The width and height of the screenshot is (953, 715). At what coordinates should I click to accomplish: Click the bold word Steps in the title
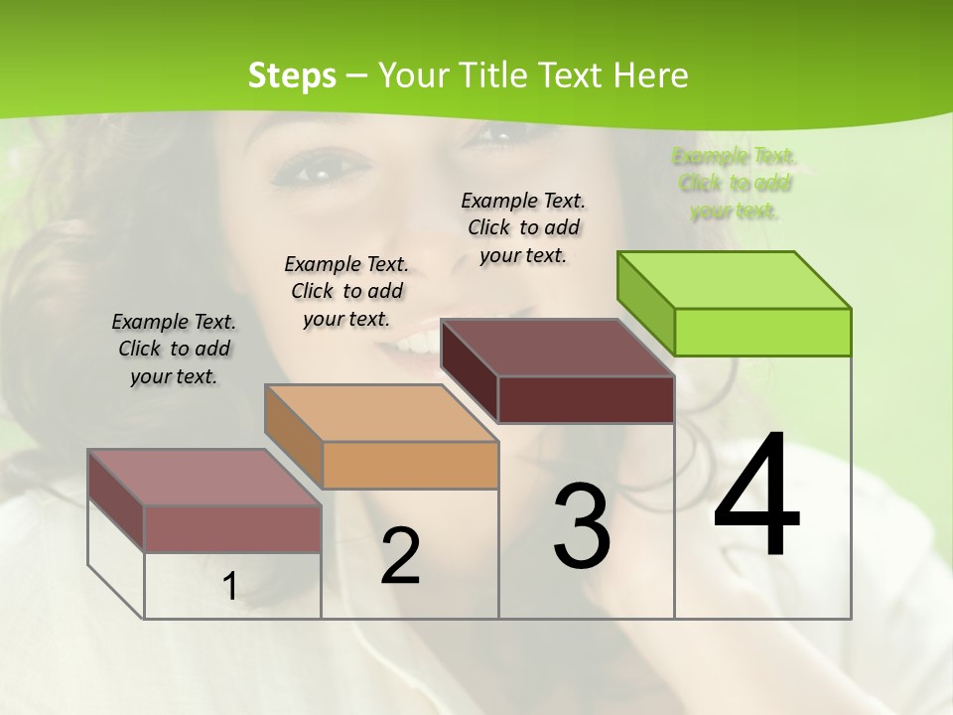point(291,75)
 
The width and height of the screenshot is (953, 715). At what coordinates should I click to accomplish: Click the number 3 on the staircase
point(581,526)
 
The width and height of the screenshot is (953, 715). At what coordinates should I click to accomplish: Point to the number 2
point(400,556)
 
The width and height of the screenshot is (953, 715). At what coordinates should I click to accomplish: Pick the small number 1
point(230,587)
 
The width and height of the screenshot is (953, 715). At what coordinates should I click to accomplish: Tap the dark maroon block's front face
point(586,399)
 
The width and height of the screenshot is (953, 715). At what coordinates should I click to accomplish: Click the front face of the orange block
point(410,465)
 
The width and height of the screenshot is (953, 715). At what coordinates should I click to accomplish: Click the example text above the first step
point(175,349)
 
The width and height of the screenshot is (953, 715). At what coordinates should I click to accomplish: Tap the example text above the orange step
point(346,291)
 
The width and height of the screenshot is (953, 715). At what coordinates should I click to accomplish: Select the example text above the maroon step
point(523,227)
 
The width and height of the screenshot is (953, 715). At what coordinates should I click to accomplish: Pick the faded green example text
point(735,183)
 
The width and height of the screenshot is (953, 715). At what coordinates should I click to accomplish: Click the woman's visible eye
point(318,173)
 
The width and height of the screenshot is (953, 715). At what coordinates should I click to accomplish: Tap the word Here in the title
point(651,75)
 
